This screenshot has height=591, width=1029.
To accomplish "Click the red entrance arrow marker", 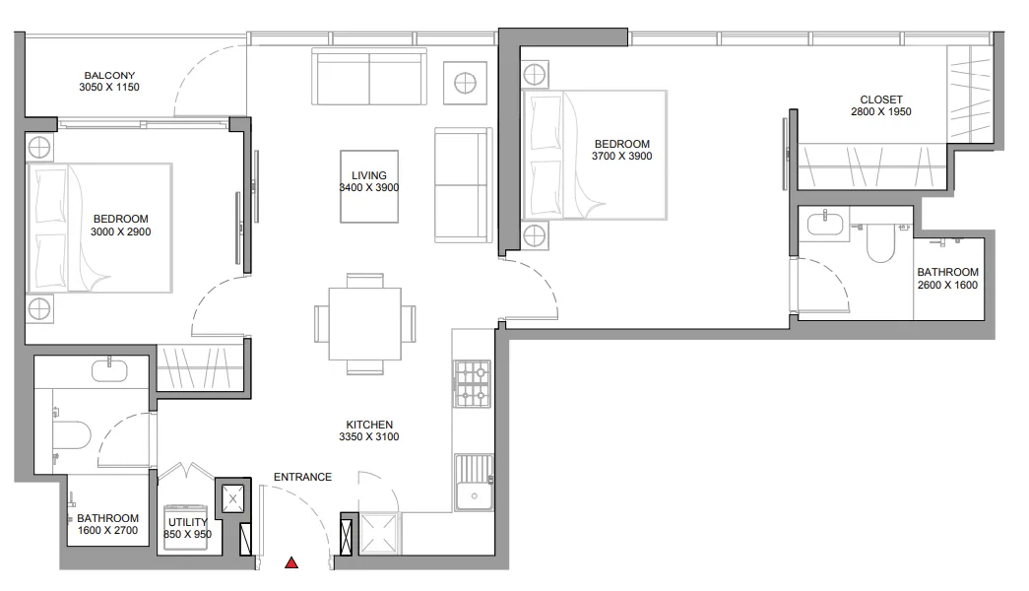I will pyautogui.click(x=291, y=563).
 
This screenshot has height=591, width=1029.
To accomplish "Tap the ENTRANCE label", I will pyautogui.click(x=302, y=477).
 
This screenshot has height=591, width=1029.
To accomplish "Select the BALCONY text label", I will pyautogui.click(x=109, y=76).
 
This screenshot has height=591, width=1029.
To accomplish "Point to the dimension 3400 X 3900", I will pyautogui.click(x=369, y=187).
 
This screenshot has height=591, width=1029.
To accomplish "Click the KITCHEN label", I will pyautogui.click(x=369, y=424).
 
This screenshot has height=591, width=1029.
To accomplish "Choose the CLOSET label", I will pyautogui.click(x=881, y=99).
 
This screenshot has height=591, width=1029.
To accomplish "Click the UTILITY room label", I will pyautogui.click(x=187, y=522).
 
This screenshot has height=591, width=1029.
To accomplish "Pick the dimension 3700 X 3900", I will pyautogui.click(x=621, y=156).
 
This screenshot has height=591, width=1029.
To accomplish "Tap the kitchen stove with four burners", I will pyautogui.click(x=472, y=383).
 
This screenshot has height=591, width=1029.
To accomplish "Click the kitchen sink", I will pyautogui.click(x=473, y=484).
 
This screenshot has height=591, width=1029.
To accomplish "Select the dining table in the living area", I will pyautogui.click(x=363, y=324).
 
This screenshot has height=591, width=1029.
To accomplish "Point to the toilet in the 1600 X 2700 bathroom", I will pyautogui.click(x=71, y=433).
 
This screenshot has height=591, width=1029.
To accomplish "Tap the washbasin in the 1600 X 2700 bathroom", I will pyautogui.click(x=107, y=371).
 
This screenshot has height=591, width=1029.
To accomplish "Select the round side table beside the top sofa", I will pyautogui.click(x=465, y=82).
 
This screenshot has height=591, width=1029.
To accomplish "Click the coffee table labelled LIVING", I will pyautogui.click(x=369, y=185).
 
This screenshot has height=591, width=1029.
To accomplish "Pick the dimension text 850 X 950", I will pyautogui.click(x=188, y=535).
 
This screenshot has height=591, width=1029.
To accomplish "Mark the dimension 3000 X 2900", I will pyautogui.click(x=120, y=231).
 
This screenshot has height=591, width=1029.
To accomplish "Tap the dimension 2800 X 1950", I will pyautogui.click(x=881, y=112).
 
